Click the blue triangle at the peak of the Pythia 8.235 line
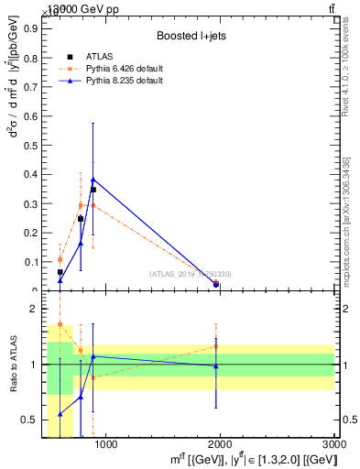coord(93,180)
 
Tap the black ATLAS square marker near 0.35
coord(93,190)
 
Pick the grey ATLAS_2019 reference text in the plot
coord(191,274)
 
